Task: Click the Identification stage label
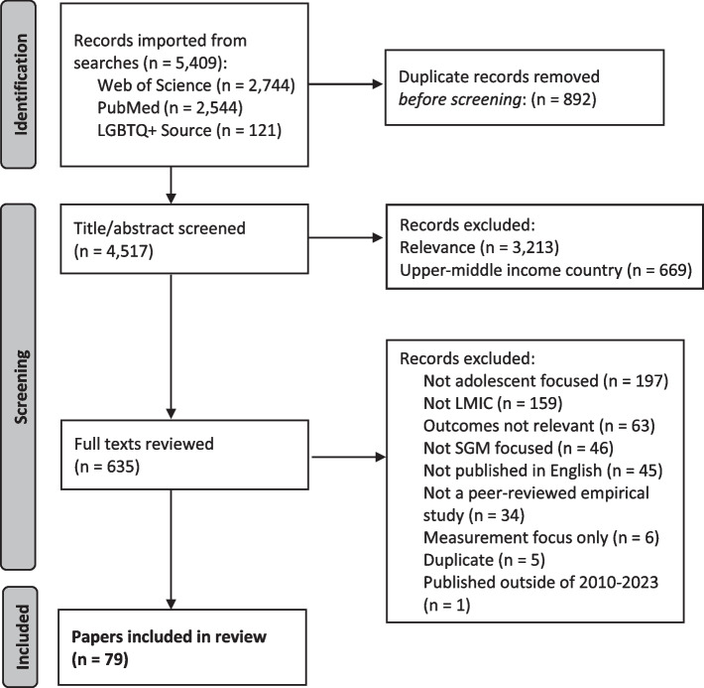pos(21,84)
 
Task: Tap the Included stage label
pos(22,636)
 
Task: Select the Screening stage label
pos(21,387)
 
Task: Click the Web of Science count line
pos(196,85)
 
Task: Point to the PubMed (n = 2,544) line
pos(170,108)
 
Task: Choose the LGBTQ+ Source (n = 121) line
pos(189,130)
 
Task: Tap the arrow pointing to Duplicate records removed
pos(346,84)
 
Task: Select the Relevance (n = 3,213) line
pos(479,247)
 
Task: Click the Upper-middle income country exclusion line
pos(545,270)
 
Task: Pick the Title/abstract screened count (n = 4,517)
pos(114,251)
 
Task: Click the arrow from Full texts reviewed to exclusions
pos(349,458)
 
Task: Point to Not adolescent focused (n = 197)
pos(545,381)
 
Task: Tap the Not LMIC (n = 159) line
pos(493,403)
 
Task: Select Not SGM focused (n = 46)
pos(519,448)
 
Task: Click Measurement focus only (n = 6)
pos(541,537)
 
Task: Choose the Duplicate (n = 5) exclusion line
pos(484,560)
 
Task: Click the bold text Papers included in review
pos(169,636)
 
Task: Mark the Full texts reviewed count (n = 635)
pos(107,467)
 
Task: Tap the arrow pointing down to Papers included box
pos(171,549)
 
